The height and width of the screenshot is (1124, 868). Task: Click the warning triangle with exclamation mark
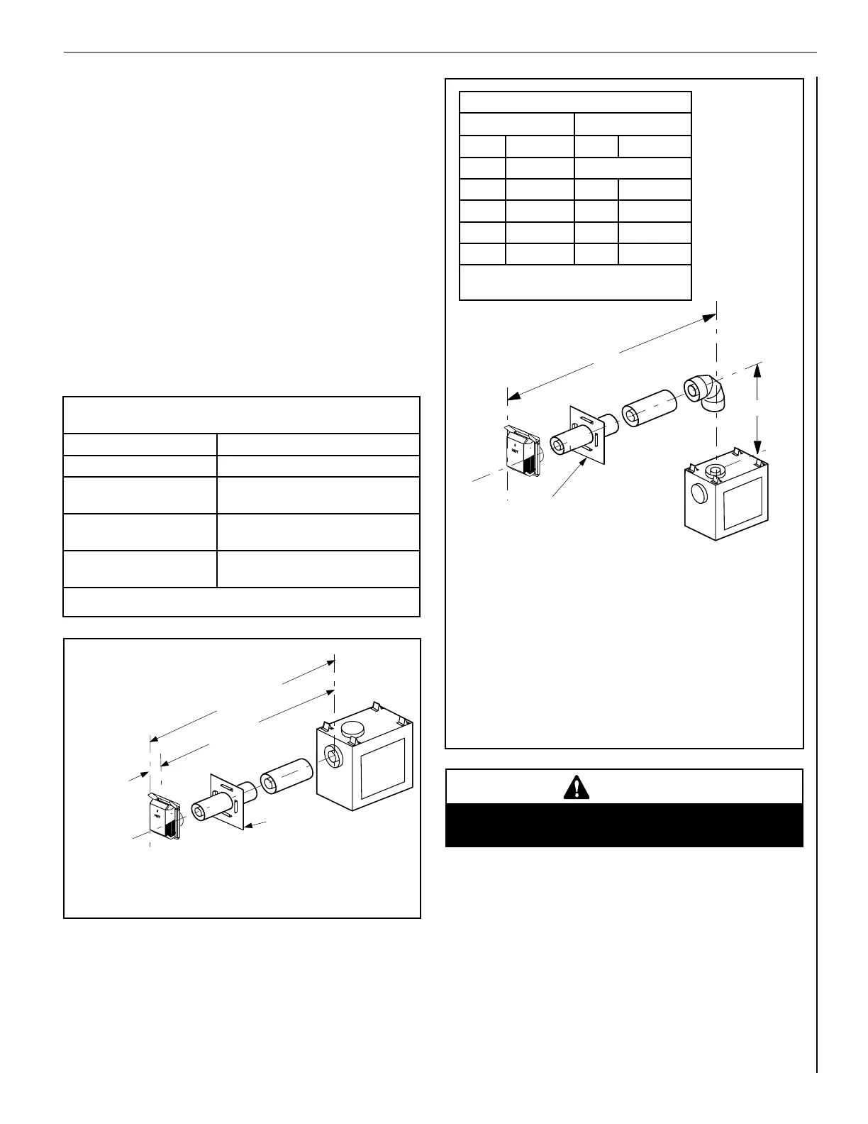[x=577, y=787]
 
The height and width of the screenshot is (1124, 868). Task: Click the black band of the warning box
[x=624, y=825]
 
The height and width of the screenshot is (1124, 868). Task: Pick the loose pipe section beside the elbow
[x=650, y=408]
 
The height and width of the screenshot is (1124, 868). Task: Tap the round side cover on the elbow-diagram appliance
[x=698, y=495]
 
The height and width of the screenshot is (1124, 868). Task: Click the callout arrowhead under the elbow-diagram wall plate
[x=584, y=462]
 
